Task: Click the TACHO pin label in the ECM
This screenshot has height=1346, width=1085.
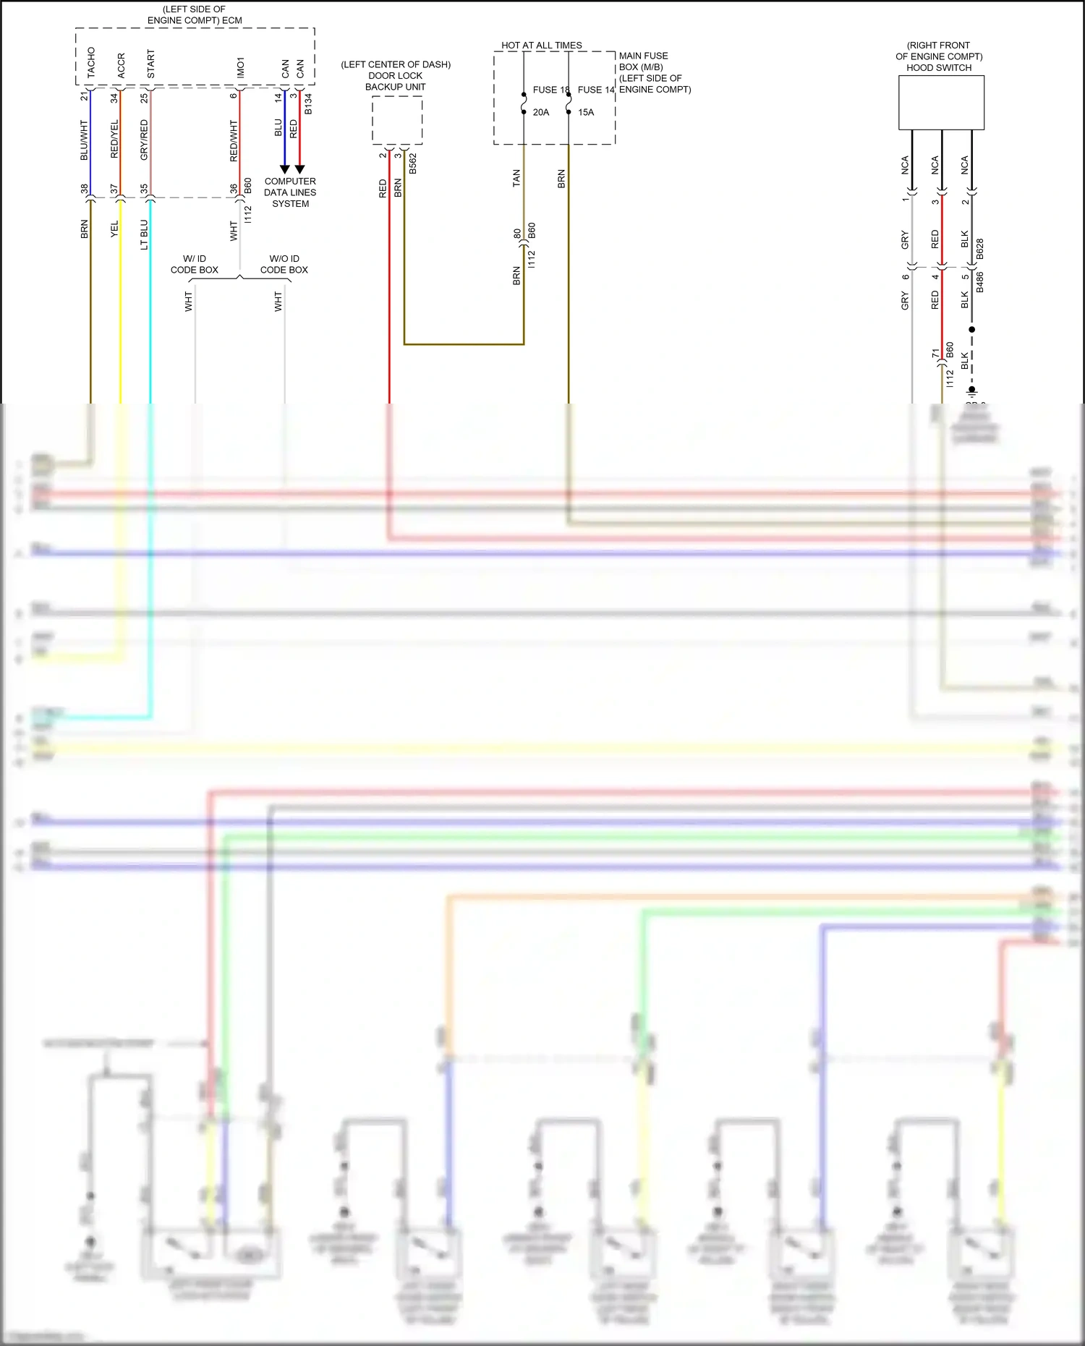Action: (x=91, y=63)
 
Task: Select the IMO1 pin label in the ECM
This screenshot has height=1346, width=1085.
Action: (x=241, y=68)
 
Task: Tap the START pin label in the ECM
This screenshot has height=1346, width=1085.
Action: (x=151, y=64)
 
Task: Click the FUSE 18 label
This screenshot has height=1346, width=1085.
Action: (x=550, y=90)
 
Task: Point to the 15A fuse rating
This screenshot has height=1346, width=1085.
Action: (x=586, y=112)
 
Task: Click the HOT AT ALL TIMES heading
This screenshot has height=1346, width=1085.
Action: (x=541, y=45)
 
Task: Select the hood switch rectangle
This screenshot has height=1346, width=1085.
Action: (x=940, y=103)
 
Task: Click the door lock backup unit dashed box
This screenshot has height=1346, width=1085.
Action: (x=397, y=120)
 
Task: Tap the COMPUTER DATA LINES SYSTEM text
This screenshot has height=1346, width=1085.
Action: (x=290, y=192)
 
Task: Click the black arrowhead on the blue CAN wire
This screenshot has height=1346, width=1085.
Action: (x=284, y=169)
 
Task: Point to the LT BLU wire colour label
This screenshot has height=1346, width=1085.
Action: (x=144, y=234)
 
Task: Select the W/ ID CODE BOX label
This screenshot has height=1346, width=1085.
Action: (x=194, y=264)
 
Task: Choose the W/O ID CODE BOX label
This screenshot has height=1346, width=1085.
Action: (x=284, y=264)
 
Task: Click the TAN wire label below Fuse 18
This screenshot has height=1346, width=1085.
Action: (x=516, y=178)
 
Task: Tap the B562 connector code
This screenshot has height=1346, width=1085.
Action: (x=413, y=163)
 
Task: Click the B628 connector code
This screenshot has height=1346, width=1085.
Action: (x=980, y=249)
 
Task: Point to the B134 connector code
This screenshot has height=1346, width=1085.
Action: (x=308, y=103)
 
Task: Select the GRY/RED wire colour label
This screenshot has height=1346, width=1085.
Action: (x=144, y=140)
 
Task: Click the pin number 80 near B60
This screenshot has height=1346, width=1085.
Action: (x=517, y=234)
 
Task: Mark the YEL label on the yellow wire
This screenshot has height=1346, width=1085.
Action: (x=114, y=229)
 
